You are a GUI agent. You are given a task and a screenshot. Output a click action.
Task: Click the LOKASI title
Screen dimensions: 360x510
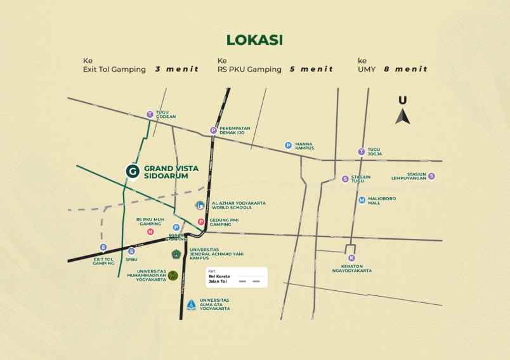[x=254, y=40]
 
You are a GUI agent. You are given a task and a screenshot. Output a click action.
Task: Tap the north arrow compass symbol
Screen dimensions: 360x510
[x=403, y=112]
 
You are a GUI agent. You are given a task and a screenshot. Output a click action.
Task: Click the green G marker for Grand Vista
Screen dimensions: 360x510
[x=132, y=171]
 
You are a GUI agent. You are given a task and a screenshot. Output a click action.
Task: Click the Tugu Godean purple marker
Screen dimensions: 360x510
[x=150, y=115]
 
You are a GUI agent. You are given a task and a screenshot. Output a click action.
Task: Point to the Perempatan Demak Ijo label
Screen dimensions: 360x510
[x=235, y=131]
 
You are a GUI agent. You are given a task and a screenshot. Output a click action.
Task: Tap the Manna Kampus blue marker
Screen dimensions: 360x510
[x=288, y=145]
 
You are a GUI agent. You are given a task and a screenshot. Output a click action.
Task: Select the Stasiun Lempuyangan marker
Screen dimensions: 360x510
[x=431, y=176]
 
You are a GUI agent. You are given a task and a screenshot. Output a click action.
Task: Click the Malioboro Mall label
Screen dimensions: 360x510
[x=382, y=200]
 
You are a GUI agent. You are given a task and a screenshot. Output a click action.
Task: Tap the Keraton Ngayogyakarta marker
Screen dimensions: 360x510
[x=351, y=258]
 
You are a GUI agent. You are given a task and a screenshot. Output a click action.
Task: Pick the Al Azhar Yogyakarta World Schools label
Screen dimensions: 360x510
[x=239, y=205]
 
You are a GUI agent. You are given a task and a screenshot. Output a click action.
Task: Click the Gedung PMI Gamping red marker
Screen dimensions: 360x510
[x=201, y=222]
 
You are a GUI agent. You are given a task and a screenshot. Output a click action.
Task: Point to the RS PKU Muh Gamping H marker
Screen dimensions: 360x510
[x=150, y=232]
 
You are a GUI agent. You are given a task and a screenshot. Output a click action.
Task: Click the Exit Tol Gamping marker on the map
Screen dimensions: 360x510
[x=103, y=247]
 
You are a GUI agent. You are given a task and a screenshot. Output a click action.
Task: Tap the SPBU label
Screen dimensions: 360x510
[x=131, y=259]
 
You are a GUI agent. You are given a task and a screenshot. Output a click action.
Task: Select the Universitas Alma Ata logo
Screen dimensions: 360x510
[x=191, y=304]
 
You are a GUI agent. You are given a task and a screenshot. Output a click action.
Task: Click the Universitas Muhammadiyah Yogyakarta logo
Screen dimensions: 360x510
[x=173, y=276]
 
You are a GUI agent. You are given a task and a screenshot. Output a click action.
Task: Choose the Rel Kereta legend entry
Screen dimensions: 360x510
[x=219, y=276]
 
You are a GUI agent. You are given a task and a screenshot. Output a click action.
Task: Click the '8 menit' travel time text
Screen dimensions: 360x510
[x=405, y=69]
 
